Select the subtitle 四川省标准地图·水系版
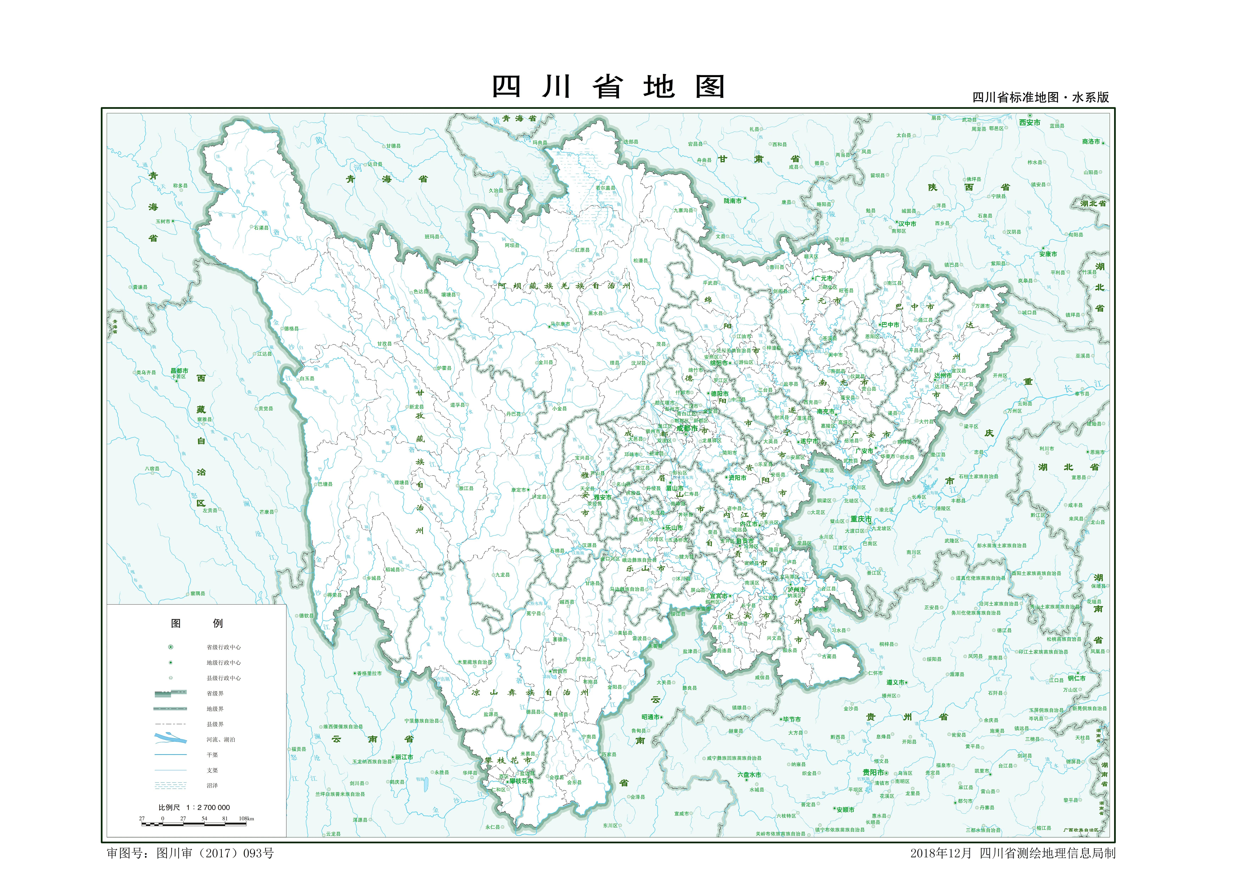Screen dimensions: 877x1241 (x=1040, y=97)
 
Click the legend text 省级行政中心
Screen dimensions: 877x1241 (x=223, y=647)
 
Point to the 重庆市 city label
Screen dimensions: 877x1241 (x=861, y=519)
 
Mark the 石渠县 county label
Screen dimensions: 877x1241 (x=261, y=228)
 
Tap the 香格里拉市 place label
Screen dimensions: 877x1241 (x=369, y=673)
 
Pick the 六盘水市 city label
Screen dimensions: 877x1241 (x=749, y=774)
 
